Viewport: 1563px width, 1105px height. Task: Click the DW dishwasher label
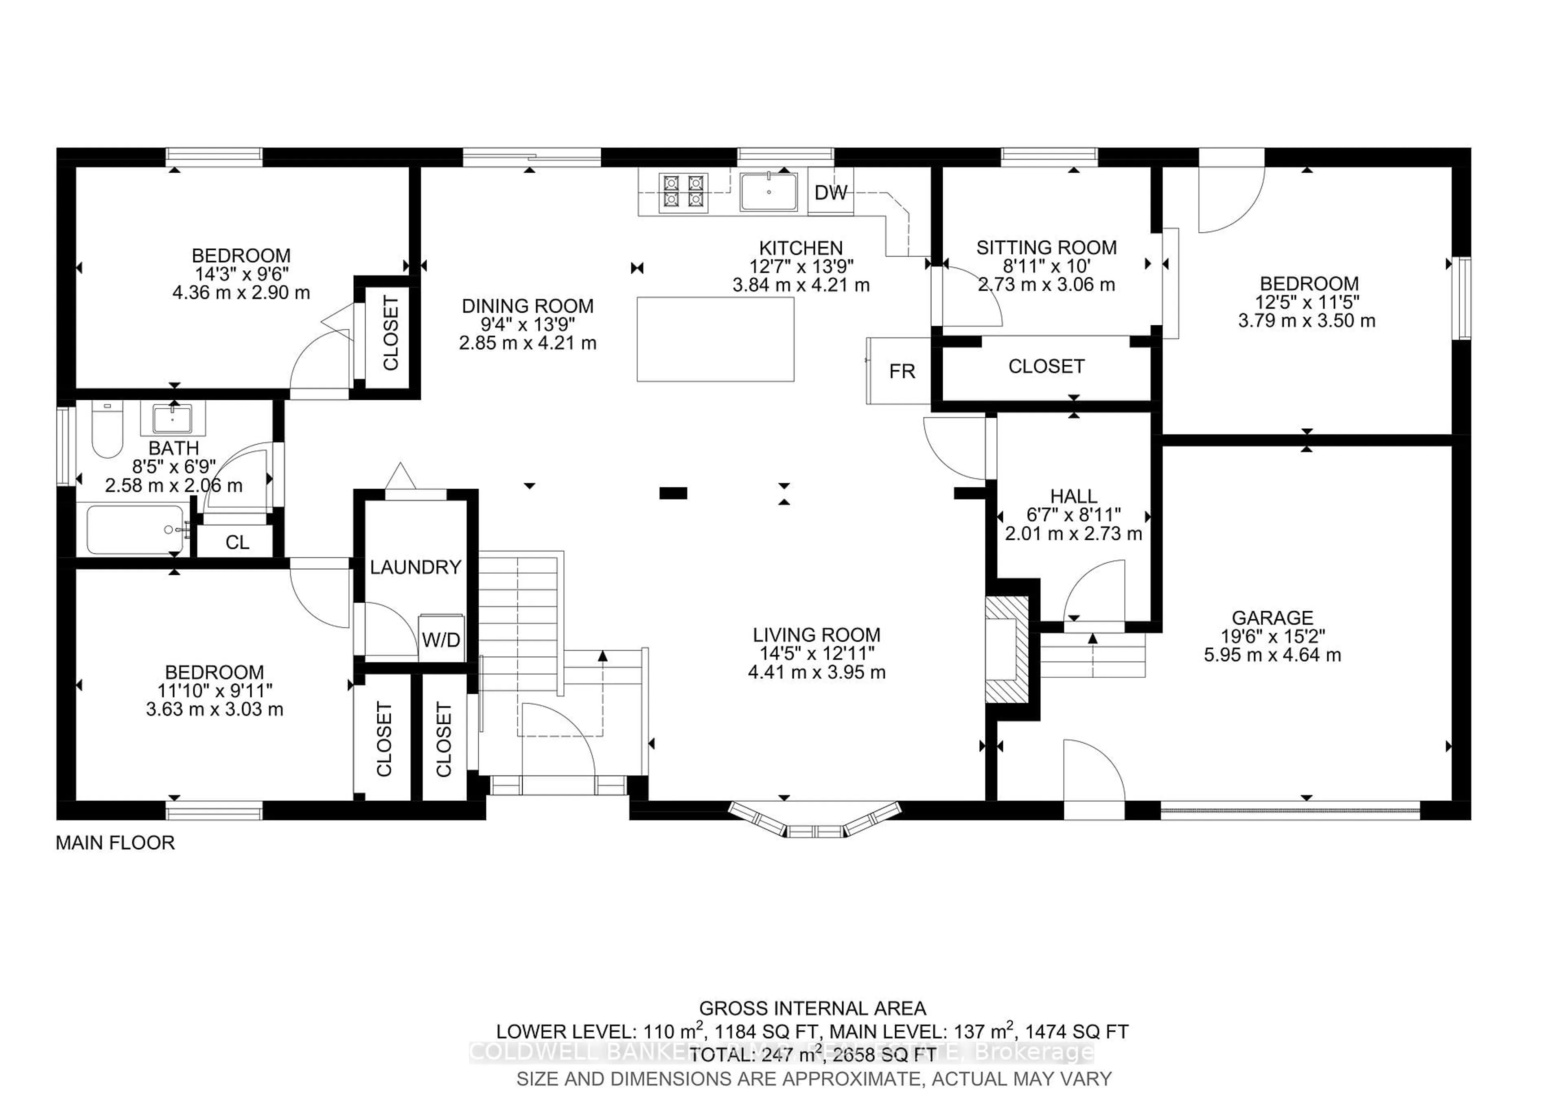point(830,193)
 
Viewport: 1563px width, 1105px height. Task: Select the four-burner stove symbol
point(683,191)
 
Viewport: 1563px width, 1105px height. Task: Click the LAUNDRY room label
point(415,567)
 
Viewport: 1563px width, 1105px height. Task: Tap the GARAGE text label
point(1272,618)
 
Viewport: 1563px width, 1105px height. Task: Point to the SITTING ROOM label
point(1046,248)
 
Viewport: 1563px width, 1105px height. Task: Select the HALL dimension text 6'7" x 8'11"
point(1073,515)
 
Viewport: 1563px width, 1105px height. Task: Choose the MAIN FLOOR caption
point(115,843)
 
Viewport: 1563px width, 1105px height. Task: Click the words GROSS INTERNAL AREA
point(812,1009)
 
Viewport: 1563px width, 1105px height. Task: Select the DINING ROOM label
point(528,306)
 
